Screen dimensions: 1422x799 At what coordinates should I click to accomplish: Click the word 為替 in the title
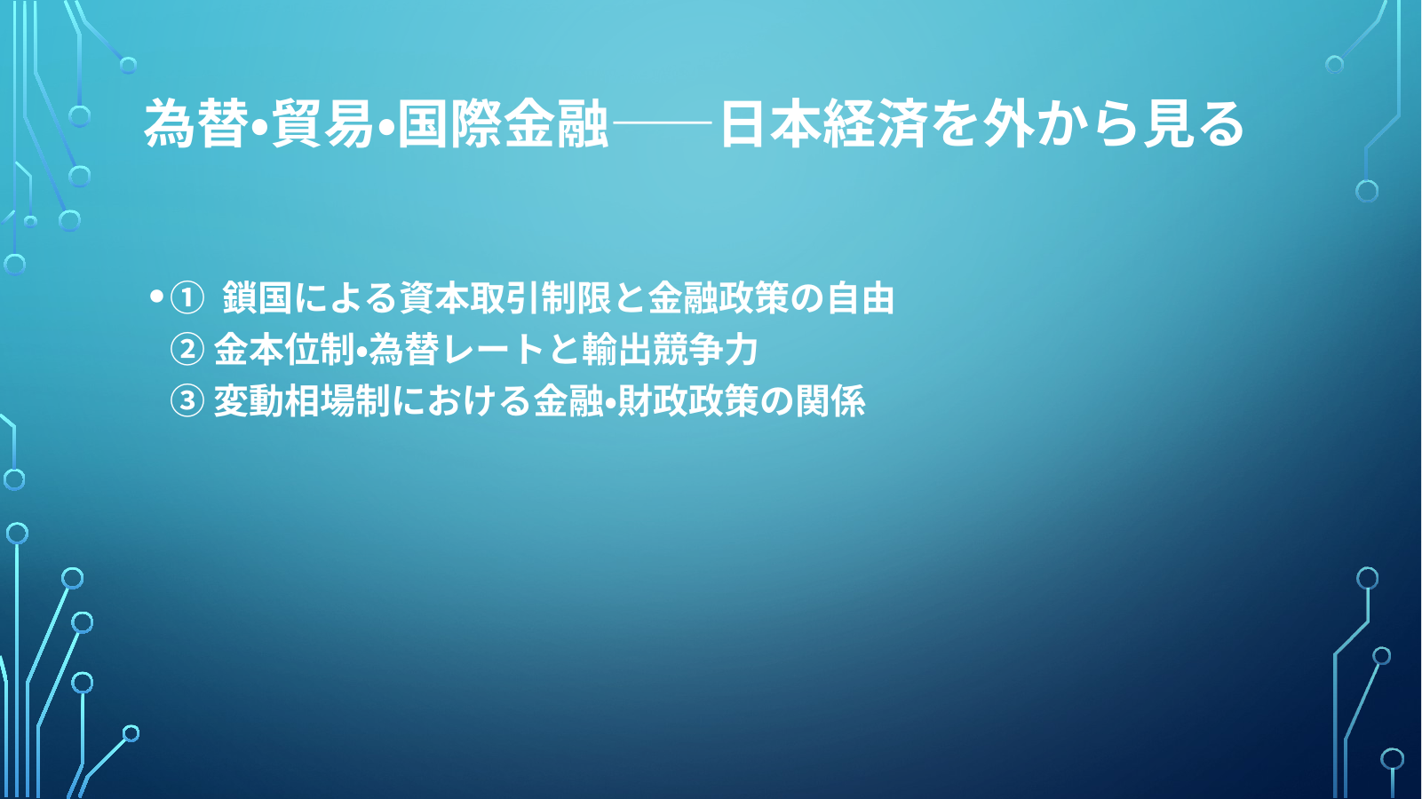[x=195, y=123]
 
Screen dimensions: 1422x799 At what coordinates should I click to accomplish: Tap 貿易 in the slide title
[x=322, y=123]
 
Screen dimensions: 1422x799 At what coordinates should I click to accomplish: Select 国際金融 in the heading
[x=503, y=123]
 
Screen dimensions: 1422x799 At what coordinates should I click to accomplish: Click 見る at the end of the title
[x=1193, y=123]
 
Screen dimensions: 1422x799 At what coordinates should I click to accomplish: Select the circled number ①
[x=187, y=298]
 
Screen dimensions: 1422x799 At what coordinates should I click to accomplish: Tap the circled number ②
[x=187, y=350]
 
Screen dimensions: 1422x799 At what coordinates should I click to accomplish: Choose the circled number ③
[x=187, y=401]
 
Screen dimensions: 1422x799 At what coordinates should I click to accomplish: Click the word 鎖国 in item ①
[x=257, y=298]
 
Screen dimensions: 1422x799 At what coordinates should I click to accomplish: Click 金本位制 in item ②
[x=283, y=350]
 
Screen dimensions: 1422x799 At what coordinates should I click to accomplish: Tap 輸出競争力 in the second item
[x=670, y=350]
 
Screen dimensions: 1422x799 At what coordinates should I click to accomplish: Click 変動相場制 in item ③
[x=301, y=401]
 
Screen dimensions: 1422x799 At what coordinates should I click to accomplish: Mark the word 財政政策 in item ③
[x=687, y=401]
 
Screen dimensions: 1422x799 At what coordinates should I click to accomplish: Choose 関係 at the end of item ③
[x=830, y=401]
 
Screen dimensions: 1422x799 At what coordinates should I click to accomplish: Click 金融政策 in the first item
[x=718, y=298]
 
